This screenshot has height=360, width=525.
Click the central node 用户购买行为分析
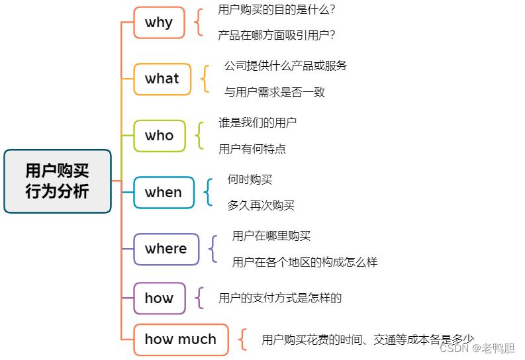pyautogui.click(x=57, y=181)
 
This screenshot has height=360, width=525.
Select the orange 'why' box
pyautogui.click(x=159, y=22)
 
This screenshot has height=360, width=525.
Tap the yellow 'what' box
pyautogui.click(x=162, y=79)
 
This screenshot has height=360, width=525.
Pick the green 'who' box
pyautogui.click(x=159, y=136)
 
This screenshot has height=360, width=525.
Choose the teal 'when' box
pyautogui.click(x=164, y=193)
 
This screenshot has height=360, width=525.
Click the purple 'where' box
pyautogui.click(x=166, y=249)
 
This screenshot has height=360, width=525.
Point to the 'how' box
pyautogui.click(x=159, y=298)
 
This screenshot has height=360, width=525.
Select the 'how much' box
pyautogui.click(x=181, y=339)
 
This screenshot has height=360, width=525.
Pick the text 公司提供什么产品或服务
pyautogui.click(x=285, y=66)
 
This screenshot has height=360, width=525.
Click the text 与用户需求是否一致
pyautogui.click(x=275, y=92)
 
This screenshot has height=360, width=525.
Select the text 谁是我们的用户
pyautogui.click(x=258, y=122)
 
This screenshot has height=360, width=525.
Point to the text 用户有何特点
pyautogui.click(x=252, y=149)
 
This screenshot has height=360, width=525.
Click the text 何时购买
pyautogui.click(x=250, y=179)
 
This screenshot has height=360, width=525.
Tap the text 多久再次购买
pyautogui.click(x=261, y=205)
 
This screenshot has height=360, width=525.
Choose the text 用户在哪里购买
pyautogui.click(x=271, y=236)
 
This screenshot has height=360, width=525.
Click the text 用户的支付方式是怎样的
pyautogui.click(x=280, y=298)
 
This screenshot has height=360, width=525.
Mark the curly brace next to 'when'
pyautogui.click(x=208, y=192)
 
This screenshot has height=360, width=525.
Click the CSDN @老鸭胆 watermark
pyautogui.click(x=477, y=348)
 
